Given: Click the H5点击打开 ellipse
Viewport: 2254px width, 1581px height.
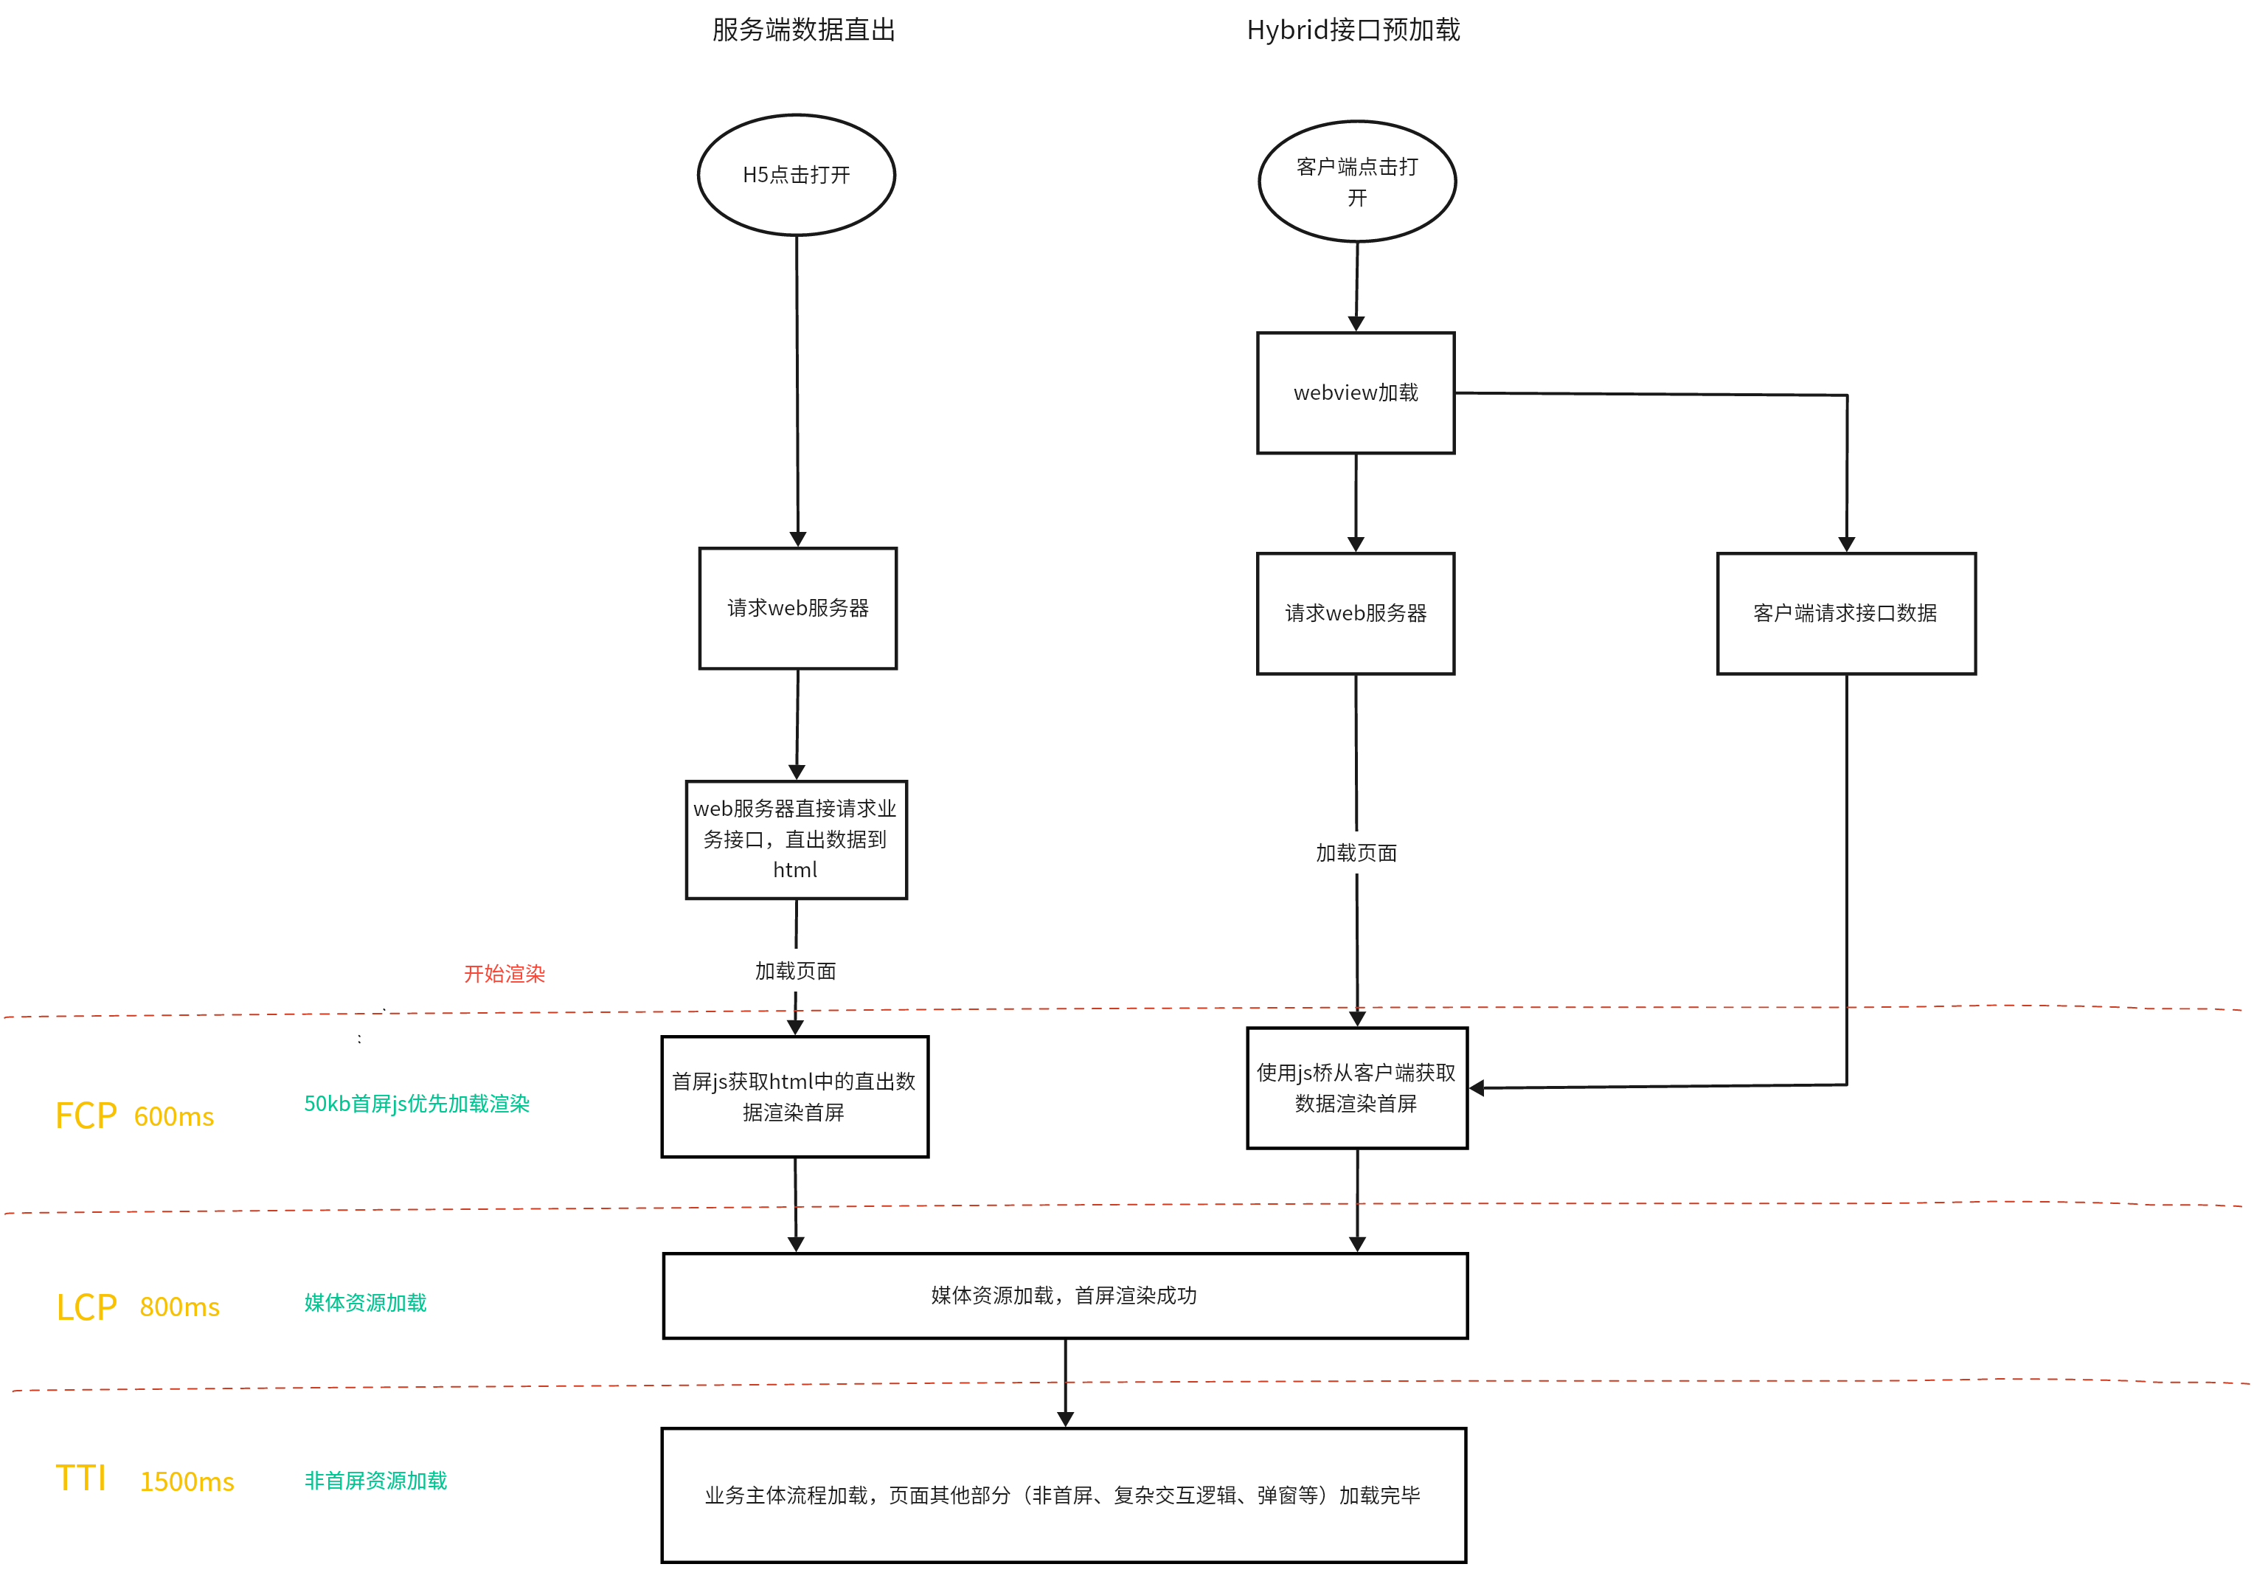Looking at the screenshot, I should point(796,176).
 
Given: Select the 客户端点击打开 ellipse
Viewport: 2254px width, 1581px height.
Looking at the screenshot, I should point(1356,181).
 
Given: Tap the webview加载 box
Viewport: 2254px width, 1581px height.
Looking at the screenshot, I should point(1356,392).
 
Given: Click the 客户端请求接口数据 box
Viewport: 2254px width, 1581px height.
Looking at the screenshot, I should point(1845,614).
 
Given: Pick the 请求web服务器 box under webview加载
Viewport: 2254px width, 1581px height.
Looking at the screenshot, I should point(1356,614).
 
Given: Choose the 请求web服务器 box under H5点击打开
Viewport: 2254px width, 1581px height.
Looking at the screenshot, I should point(797,609).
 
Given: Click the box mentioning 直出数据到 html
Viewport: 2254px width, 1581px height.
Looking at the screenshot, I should point(795,840).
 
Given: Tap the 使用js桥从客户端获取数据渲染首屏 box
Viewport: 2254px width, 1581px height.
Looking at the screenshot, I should point(1356,1088).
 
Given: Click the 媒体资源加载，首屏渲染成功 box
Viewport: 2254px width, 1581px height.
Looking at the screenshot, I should point(1065,1296).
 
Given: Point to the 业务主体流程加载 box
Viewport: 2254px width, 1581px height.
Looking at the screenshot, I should point(1063,1495).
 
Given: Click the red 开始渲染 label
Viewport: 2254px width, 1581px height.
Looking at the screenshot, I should point(504,973).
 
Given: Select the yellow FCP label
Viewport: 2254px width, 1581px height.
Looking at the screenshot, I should point(86,1115).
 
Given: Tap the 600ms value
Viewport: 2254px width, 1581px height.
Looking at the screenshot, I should point(174,1116).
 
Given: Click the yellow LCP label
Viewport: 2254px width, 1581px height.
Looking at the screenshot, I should point(86,1307).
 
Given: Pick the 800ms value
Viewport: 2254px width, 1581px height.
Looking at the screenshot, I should point(180,1307).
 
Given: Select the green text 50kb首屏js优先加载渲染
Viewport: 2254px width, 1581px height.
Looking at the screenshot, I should point(416,1104).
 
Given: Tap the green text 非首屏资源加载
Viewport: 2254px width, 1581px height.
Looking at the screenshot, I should point(376,1481).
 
